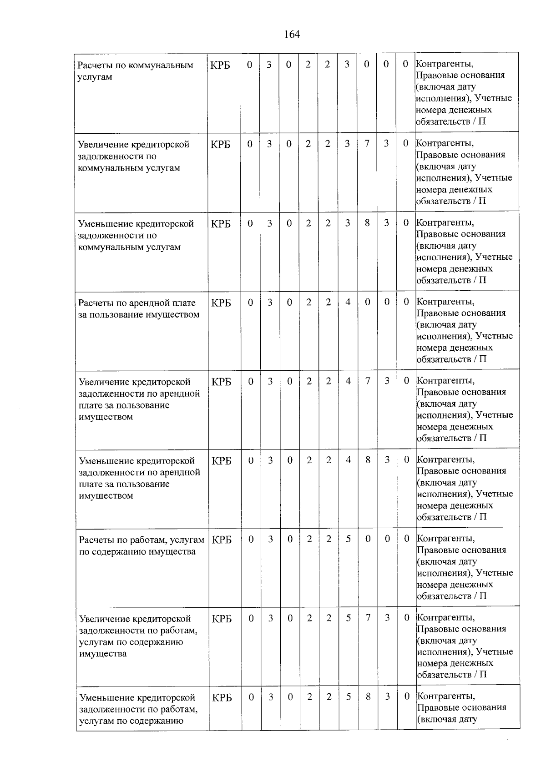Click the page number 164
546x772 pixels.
pos(292,35)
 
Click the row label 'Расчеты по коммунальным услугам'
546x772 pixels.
pos(135,71)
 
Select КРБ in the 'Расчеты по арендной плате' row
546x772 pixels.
pos(221,303)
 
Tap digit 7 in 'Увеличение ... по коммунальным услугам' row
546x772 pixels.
pos(367,144)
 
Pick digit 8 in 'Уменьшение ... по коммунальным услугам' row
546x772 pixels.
pos(367,223)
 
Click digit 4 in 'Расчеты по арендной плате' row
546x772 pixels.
pos(348,303)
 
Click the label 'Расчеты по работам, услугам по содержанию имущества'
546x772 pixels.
pos(141,545)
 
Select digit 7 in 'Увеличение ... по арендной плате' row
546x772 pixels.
pos(367,381)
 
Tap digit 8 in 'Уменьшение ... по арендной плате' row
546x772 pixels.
pos(367,460)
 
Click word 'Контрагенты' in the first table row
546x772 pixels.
pos(444,64)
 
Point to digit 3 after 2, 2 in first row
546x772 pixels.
pos(347,65)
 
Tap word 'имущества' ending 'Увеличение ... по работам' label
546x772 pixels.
pos(103,654)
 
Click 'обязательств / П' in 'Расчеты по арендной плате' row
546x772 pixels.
pos(451,359)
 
